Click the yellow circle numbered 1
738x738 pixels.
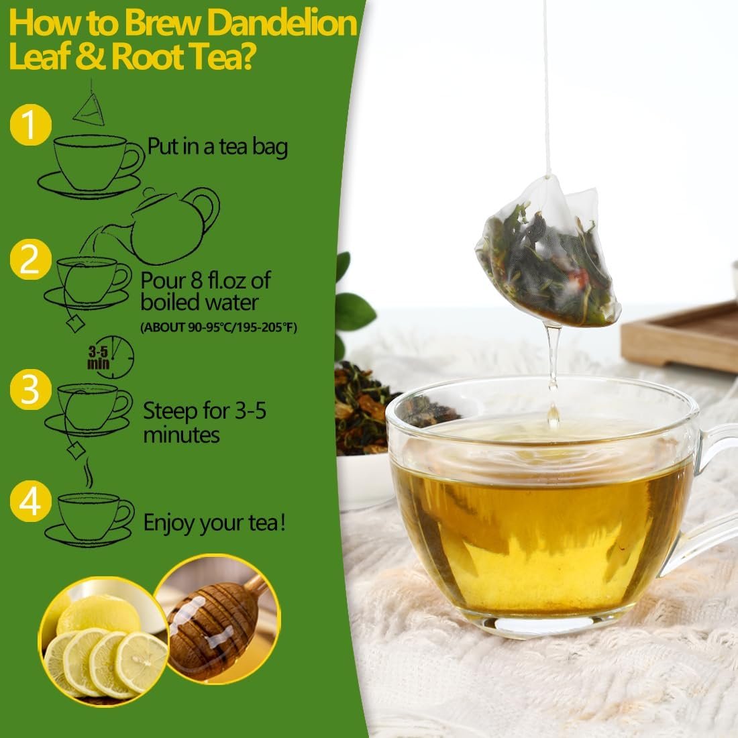tap(31, 125)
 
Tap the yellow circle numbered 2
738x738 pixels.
tap(31, 260)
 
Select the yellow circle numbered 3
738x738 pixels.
tap(31, 389)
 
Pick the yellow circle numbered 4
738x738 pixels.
tap(31, 501)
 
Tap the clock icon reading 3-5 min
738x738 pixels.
tap(111, 357)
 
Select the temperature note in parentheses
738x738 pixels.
tap(219, 327)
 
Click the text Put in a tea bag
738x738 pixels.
tap(217, 146)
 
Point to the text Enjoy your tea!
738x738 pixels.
tap(215, 523)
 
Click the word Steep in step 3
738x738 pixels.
tap(170, 411)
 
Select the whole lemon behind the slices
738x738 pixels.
tap(99, 614)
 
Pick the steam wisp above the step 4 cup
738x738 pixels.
tap(88, 472)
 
